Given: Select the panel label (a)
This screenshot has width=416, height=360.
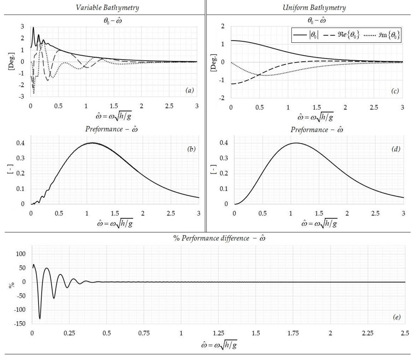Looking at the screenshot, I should (189, 91).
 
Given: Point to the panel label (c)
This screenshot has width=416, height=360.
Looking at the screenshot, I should (394, 91).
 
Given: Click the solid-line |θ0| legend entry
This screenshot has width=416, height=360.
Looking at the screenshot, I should (306, 35).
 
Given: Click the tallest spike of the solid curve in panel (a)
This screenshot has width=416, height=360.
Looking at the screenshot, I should (33, 27).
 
